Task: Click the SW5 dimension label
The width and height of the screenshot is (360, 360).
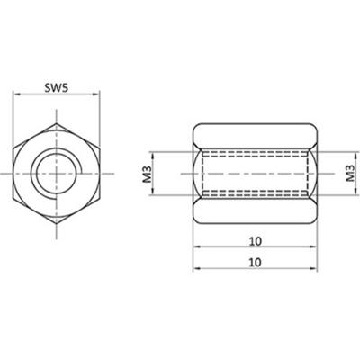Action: coord(58,89)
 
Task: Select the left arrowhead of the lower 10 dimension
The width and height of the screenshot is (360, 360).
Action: coord(195,272)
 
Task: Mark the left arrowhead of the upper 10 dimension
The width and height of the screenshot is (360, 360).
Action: coord(195,249)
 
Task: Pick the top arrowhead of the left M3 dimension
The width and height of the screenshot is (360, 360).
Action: coord(155,148)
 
